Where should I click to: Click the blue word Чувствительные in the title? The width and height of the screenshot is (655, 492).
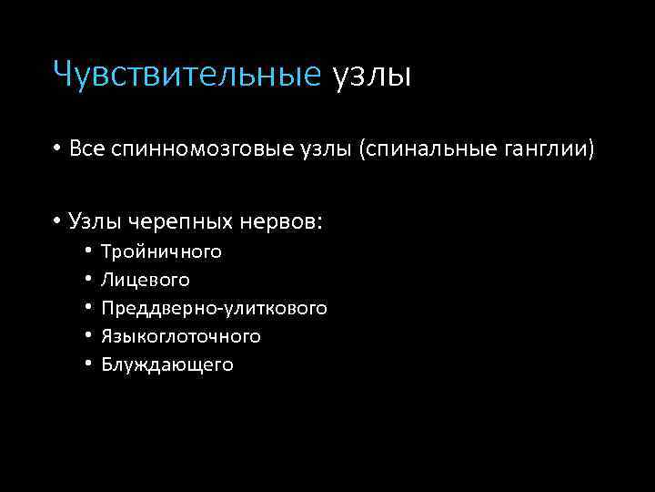(x=187, y=73)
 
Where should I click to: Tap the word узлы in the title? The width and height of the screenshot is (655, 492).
(x=372, y=74)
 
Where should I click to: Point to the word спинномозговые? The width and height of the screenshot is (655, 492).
(x=202, y=149)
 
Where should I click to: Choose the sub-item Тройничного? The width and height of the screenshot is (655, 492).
(x=161, y=251)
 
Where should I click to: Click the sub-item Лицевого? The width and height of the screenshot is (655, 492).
(x=146, y=280)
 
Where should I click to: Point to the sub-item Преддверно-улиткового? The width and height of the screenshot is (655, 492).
(x=214, y=308)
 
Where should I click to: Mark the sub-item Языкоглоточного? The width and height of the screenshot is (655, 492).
(x=181, y=336)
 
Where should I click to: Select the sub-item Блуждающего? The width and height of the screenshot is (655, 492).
(x=167, y=364)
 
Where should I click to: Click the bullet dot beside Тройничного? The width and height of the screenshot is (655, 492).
(x=89, y=251)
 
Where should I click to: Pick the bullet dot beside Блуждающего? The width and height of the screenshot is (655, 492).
(x=89, y=364)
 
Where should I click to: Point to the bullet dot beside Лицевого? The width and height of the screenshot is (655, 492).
(x=89, y=280)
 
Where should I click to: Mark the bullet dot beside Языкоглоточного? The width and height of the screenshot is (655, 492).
(x=89, y=336)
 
